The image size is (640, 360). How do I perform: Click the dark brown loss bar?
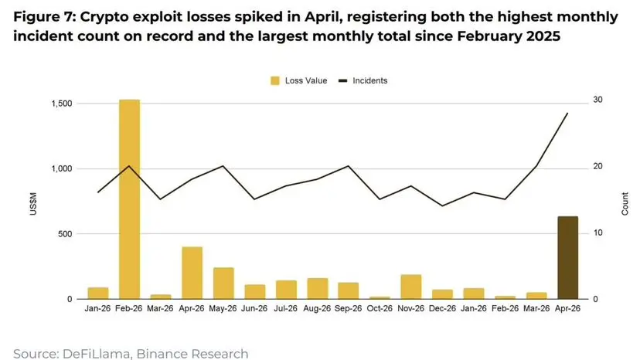coord(568,257)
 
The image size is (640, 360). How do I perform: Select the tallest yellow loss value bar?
coord(129,199)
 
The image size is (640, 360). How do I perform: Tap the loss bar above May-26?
coord(223,284)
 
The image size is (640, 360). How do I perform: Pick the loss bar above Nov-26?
coord(411,287)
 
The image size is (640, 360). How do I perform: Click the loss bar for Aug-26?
coord(317,289)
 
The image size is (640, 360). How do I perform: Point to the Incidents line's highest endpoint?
coord(568,113)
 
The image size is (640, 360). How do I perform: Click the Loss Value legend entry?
coord(299,81)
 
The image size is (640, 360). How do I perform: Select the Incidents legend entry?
coord(363,81)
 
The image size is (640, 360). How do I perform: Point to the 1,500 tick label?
coord(62,104)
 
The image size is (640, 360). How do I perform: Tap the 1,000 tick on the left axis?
coord(62,168)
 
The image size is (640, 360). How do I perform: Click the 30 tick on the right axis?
coord(597,100)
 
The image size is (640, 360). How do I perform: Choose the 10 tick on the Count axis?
coord(597,233)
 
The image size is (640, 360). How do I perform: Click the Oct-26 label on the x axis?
coord(380,308)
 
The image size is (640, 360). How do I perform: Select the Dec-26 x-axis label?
coord(442,308)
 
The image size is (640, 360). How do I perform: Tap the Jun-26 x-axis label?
coord(254,308)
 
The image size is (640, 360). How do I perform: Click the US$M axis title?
coord(33,204)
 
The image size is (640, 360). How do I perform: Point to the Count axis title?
coord(625,204)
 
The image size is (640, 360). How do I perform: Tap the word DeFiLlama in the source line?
coord(97,354)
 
